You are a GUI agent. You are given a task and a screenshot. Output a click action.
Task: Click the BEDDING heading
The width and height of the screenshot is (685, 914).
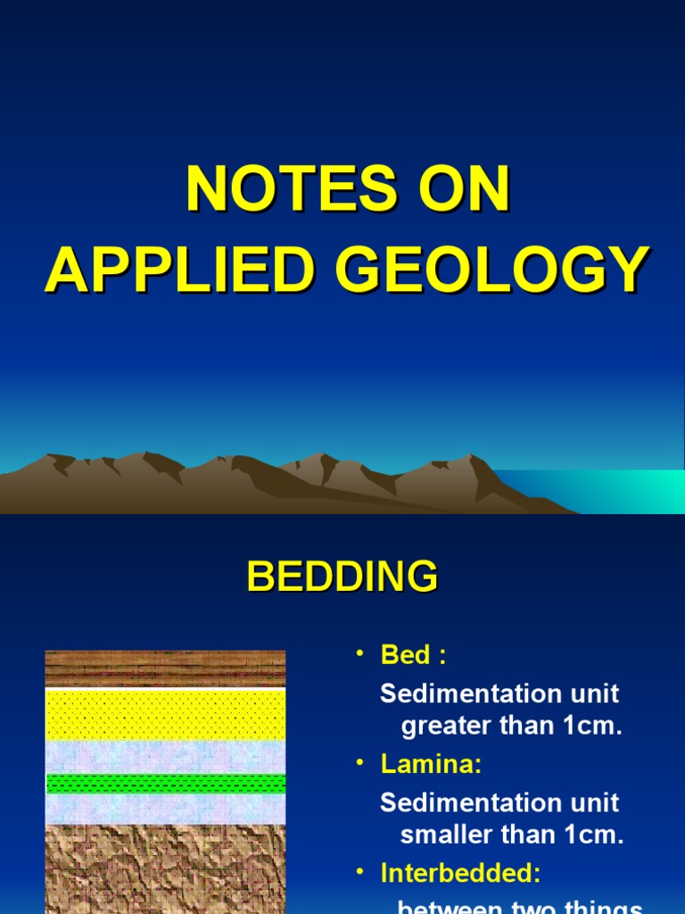pos(342,577)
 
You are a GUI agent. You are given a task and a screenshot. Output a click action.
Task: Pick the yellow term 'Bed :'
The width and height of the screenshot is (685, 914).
pos(413,655)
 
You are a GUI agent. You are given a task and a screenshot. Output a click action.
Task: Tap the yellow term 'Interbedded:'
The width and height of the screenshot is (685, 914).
pos(460,872)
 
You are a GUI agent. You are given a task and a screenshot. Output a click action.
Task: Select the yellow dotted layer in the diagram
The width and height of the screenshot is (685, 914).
pos(166,714)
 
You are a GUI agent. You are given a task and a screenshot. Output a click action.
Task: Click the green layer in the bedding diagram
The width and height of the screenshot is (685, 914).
pos(166,783)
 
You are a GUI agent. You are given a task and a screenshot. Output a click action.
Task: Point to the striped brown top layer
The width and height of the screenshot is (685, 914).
pos(166,668)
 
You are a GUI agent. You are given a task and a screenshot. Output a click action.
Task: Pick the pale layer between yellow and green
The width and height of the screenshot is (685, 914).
pos(166,757)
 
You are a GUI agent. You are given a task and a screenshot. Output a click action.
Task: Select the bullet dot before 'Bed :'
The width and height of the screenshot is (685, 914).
pos(360,654)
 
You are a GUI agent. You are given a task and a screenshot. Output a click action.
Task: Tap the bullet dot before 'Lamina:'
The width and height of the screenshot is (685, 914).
pos(360,763)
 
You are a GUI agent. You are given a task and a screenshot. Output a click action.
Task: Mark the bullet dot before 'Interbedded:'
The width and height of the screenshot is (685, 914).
pos(360,871)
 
